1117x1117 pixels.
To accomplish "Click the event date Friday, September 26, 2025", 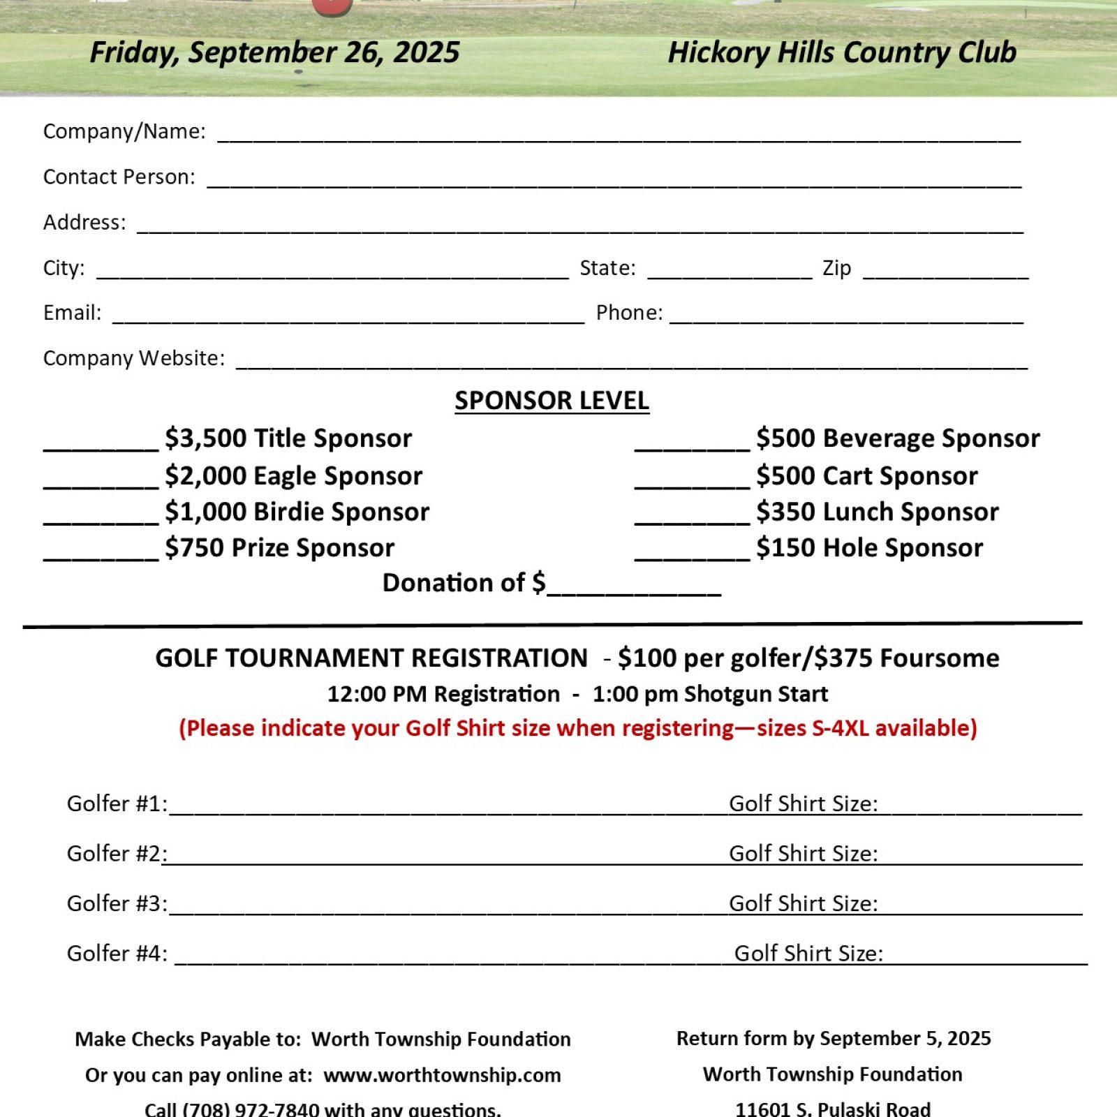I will tap(274, 52).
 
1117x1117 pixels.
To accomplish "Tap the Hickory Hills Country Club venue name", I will tap(842, 52).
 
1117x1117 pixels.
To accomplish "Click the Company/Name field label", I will tap(124, 131).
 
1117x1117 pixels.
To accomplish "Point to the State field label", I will tap(607, 268).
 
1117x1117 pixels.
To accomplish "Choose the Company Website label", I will tap(134, 358).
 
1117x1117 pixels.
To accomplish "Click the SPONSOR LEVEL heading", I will tap(552, 401).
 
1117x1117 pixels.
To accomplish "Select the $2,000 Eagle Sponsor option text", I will tap(294, 476).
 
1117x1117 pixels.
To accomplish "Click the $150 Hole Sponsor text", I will tap(869, 548).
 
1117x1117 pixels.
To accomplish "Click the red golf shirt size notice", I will tap(578, 728).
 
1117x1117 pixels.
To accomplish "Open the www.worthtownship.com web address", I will tap(442, 1075).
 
